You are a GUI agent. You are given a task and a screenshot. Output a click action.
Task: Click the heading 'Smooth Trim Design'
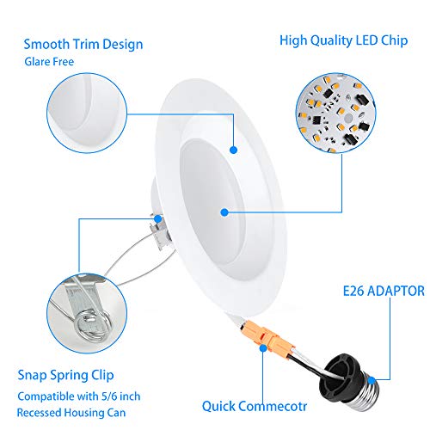click(83, 44)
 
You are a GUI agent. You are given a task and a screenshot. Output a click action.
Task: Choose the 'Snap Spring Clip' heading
click(65, 376)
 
